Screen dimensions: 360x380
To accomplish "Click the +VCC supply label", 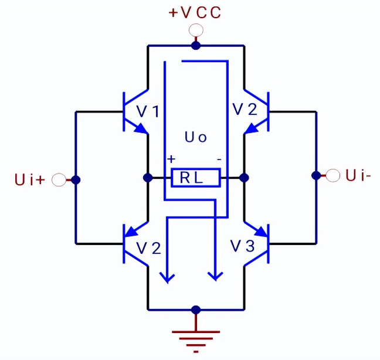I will click(x=195, y=13).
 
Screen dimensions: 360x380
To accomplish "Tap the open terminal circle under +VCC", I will click(x=196, y=30).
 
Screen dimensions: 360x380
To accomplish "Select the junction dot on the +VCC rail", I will click(x=196, y=45).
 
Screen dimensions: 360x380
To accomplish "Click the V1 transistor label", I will click(x=147, y=110).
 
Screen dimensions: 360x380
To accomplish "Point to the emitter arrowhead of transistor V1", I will click(x=141, y=130).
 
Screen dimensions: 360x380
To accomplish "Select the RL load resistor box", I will click(x=196, y=178).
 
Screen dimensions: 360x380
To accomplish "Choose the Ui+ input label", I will click(x=29, y=179).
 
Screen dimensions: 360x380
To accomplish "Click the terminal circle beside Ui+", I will click(x=59, y=179).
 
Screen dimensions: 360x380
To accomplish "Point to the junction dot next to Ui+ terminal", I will click(x=76, y=179).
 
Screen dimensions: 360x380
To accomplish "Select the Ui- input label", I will click(x=357, y=175).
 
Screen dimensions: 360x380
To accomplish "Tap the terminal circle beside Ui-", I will click(x=333, y=175).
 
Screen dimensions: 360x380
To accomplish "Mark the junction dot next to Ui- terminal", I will click(x=316, y=175).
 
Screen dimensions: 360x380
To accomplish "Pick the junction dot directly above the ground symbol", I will click(x=196, y=310).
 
